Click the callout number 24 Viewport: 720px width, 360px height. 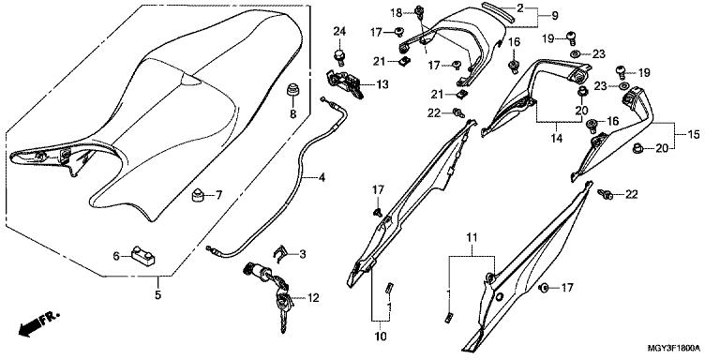pos(339,32)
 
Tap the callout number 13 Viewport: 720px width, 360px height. pos(382,84)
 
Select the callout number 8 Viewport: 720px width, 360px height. pos(292,114)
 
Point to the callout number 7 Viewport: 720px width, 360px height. pos(218,195)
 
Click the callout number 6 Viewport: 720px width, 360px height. pos(116,256)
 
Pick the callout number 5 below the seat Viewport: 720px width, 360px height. pos(157,294)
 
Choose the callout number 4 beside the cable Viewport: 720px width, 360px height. pos(322,177)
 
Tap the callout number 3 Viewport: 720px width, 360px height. pos(302,254)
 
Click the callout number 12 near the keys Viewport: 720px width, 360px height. pos(313,298)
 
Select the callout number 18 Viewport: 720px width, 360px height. pos(397,13)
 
